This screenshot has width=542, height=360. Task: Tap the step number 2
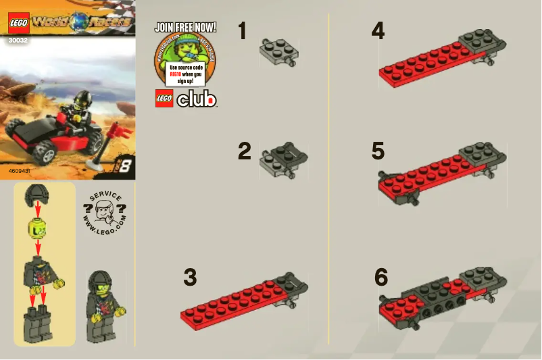tap(244, 151)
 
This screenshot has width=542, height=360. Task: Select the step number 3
tap(190, 278)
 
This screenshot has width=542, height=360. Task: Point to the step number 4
tap(378, 30)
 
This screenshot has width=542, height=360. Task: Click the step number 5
tap(378, 151)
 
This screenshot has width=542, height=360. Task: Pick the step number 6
tap(381, 278)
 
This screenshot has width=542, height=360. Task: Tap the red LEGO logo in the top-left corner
tap(18, 26)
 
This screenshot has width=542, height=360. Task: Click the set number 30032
tap(18, 40)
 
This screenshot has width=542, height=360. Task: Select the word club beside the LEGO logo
tap(197, 99)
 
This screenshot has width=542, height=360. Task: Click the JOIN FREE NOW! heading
tap(185, 28)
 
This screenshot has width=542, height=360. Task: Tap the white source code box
tap(185, 74)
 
